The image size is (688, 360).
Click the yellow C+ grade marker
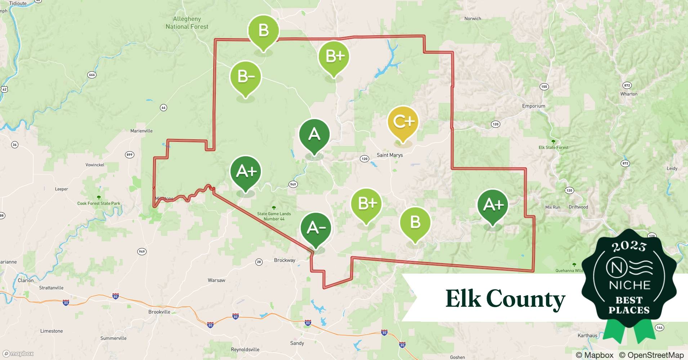click(403, 122)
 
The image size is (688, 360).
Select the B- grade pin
click(246, 77)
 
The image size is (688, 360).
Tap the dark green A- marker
click(316, 228)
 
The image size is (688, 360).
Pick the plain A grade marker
click(314, 135)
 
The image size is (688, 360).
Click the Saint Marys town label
click(389, 155)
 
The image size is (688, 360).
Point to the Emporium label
click(533, 106)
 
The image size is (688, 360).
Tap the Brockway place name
click(284, 260)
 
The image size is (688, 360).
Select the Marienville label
click(141, 131)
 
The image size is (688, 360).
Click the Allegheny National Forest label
click(187, 23)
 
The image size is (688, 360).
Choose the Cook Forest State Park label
click(99, 203)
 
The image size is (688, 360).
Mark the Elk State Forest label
click(553, 148)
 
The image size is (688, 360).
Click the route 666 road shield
click(92, 75)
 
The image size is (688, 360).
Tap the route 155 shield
click(544, 86)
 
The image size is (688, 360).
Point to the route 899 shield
click(129, 155)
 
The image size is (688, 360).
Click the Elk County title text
click(505, 299)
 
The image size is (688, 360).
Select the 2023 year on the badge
click(629, 246)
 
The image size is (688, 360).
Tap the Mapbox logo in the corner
click(18, 354)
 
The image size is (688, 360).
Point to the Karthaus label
click(587, 336)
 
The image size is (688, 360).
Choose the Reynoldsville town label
click(245, 350)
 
